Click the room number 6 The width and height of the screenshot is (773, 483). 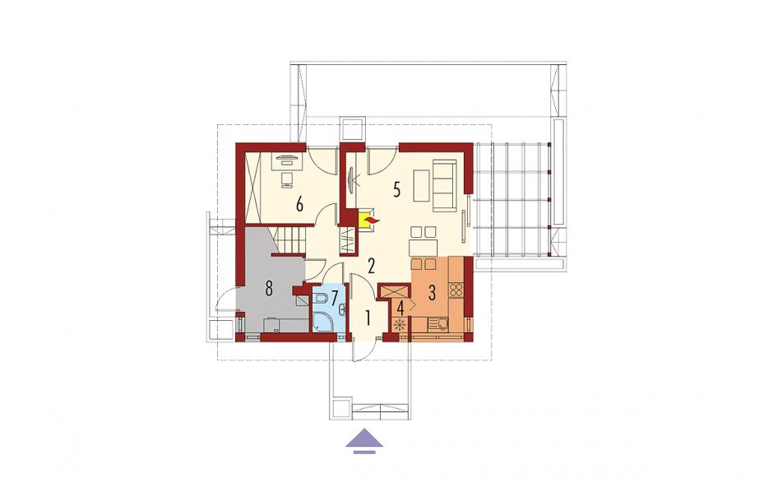[x=299, y=204]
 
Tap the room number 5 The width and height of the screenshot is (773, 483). [x=397, y=189]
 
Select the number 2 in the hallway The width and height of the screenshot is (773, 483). [x=371, y=266]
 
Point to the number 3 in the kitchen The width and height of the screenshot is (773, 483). [x=432, y=293]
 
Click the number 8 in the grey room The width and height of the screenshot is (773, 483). [x=269, y=288]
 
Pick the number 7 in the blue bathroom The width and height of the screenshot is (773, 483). [x=334, y=298]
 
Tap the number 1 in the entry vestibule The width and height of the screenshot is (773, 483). [x=367, y=318]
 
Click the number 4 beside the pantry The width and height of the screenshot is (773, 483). [x=400, y=309]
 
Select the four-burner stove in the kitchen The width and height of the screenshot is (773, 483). [x=456, y=289]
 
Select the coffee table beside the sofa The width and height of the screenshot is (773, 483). [x=422, y=185]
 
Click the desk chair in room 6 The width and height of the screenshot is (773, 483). [x=285, y=179]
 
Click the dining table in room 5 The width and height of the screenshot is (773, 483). [x=424, y=247]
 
